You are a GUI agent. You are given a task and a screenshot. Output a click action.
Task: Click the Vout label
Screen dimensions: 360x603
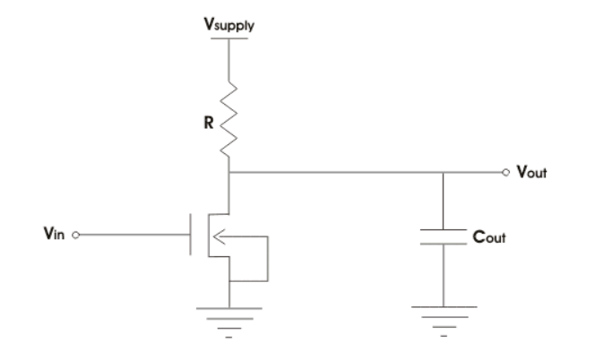(x=531, y=173)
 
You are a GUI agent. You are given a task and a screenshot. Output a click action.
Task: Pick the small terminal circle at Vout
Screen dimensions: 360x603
(x=506, y=172)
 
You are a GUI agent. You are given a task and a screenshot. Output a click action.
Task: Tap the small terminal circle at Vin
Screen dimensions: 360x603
(x=76, y=237)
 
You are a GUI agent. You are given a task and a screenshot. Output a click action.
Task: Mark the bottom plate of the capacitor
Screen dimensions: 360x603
(x=444, y=246)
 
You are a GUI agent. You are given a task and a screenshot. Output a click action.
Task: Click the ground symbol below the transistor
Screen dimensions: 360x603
(x=231, y=313)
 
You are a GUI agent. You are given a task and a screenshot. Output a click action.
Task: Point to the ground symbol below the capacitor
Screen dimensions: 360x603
(x=444, y=313)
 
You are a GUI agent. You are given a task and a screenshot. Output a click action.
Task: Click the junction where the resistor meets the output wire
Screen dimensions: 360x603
(x=231, y=172)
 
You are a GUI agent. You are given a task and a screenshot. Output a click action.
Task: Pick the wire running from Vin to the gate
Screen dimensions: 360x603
(x=134, y=237)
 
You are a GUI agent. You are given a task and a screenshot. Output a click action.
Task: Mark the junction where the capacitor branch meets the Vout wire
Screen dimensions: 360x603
(x=444, y=172)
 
